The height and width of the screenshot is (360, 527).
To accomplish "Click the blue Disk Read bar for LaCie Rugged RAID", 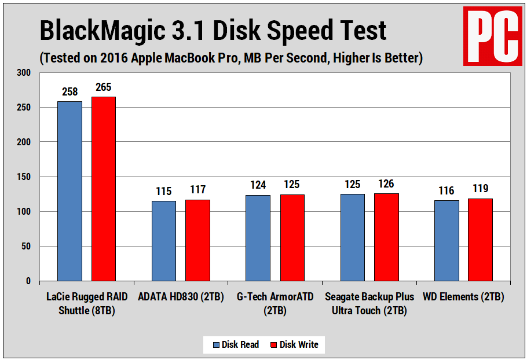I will pos(69,191).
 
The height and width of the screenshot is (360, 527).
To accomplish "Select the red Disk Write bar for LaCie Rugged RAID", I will pos(103,189).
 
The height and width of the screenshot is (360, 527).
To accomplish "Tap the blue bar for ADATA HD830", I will pos(164,241).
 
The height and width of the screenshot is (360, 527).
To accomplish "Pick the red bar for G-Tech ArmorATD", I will pos(292,238).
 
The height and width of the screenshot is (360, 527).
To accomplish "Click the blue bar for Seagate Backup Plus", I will pos(352,237).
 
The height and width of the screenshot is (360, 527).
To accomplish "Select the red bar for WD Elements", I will pos(480,240).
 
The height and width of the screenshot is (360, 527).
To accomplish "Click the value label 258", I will pos(69,92).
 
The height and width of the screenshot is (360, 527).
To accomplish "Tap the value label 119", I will pos(480,189).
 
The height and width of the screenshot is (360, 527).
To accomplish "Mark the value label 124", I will pos(258,185).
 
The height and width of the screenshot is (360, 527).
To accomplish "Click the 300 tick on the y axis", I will pos(24,73).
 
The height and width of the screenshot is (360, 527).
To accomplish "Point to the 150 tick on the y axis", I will pos(24,177).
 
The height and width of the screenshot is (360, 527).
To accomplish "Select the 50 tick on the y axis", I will pos(25,247).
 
